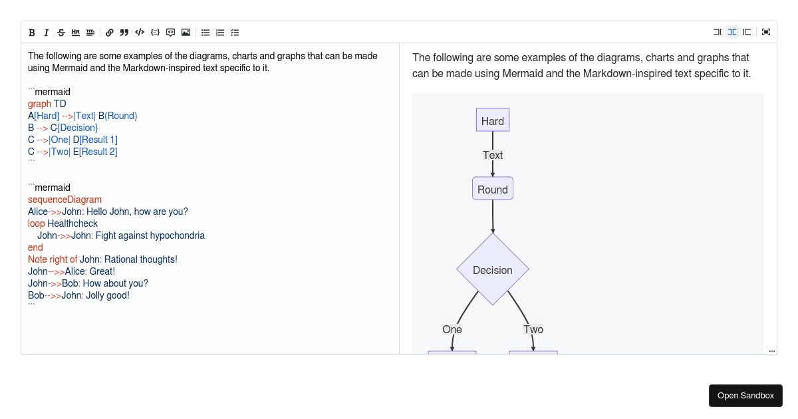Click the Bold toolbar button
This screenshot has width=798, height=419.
[x=32, y=33]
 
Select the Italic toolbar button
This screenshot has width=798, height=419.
[x=47, y=33]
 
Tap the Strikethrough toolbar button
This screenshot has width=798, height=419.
[x=61, y=33]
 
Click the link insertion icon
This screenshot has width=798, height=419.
[x=109, y=33]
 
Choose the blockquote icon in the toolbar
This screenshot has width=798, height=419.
[x=124, y=33]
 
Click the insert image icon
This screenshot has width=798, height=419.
[x=186, y=33]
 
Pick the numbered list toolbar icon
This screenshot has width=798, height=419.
[x=220, y=33]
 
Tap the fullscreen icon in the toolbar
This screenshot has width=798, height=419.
[x=766, y=32]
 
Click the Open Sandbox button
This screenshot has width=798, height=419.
[x=745, y=396]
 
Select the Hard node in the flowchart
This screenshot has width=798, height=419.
[x=493, y=120]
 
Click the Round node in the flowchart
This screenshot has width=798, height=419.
[x=493, y=188]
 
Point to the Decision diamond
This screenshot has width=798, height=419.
[x=493, y=269]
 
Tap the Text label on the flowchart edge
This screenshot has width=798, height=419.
[x=493, y=156]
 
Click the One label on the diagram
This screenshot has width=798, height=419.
[x=452, y=330]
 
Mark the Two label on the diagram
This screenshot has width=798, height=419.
[x=533, y=330]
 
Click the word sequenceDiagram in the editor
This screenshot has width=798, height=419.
[x=65, y=200]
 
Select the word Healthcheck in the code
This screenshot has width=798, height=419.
[x=72, y=223]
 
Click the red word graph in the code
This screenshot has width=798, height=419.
[x=39, y=104]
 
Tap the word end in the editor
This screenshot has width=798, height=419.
[x=35, y=247]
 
